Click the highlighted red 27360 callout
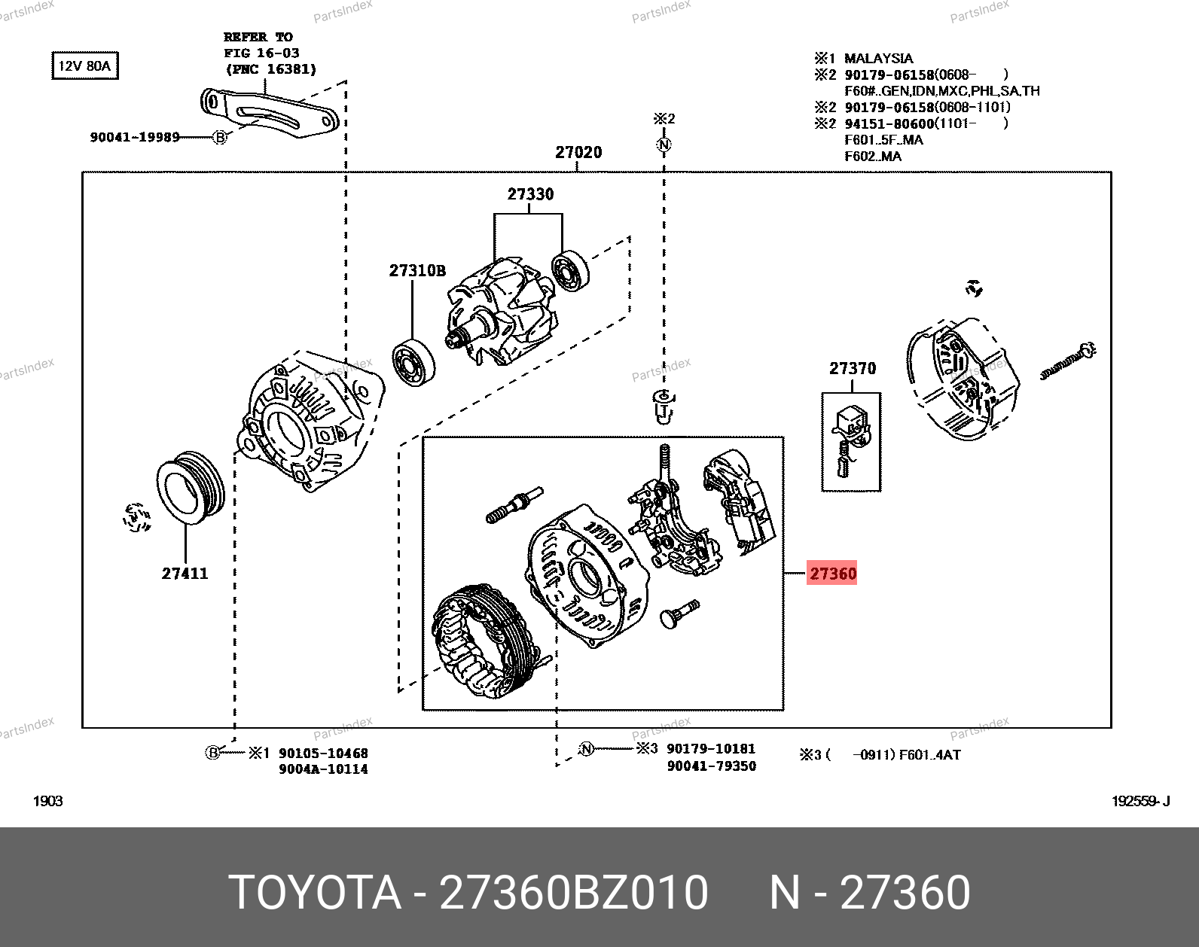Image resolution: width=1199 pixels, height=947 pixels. pyautogui.click(x=831, y=573)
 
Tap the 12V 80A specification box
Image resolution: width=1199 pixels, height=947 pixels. pyautogui.click(x=84, y=65)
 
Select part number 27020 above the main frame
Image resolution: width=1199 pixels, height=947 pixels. pyautogui.click(x=578, y=152)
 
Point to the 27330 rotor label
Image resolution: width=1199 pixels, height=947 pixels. pyautogui.click(x=530, y=194)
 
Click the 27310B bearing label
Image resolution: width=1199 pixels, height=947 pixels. pyautogui.click(x=417, y=271)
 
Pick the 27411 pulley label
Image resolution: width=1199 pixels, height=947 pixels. pyautogui.click(x=185, y=573)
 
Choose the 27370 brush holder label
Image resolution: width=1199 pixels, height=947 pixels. pyautogui.click(x=853, y=368)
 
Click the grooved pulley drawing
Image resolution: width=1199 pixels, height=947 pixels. pyautogui.click(x=191, y=488)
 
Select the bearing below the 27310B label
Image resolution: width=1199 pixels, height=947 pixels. pyautogui.click(x=413, y=363)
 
